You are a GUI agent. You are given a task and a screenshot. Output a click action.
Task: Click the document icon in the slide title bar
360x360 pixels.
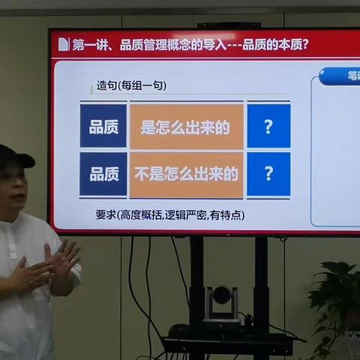coord(63,44)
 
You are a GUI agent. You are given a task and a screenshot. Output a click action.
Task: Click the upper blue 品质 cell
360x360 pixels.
coord(103,127)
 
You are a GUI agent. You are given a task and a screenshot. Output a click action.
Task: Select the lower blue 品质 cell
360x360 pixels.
coord(103,174)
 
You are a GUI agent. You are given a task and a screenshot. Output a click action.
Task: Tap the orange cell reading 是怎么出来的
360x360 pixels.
coord(186,127)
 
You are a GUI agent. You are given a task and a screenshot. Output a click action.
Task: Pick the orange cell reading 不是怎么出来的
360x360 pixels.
coord(186,174)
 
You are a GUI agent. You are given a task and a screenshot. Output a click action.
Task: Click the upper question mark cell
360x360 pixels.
coord(268,127)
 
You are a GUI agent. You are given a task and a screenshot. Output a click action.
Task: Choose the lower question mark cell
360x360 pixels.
coord(268,174)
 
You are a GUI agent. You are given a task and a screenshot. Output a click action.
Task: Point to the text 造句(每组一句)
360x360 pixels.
coord(131,85)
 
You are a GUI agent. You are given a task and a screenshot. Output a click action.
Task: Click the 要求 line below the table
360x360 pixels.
coord(169,214)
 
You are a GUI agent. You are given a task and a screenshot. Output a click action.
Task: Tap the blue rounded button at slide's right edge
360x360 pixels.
coord(341,76)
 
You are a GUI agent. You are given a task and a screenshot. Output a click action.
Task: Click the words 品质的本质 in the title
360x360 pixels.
coord(274,44)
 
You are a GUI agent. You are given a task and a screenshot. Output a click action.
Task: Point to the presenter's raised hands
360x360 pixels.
coord(49,266)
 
